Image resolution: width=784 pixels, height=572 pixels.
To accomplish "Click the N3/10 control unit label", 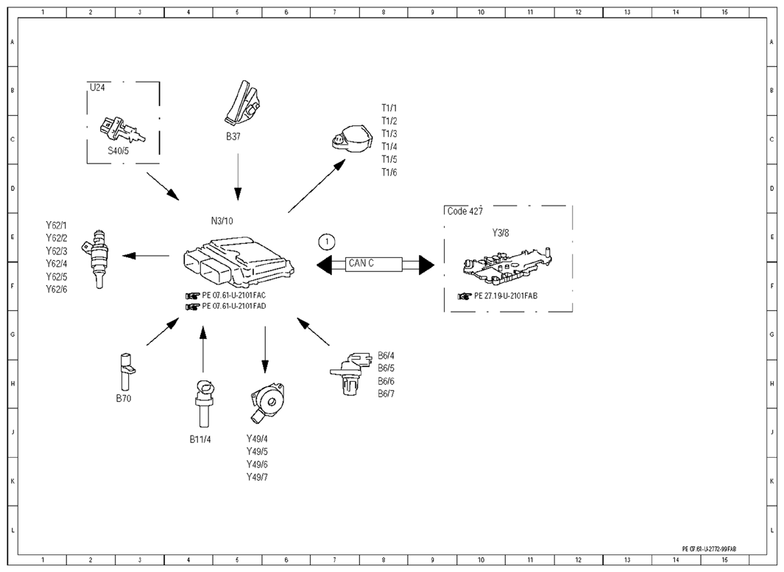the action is [x=222, y=220].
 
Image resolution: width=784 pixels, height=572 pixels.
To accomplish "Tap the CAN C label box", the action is [x=374, y=264].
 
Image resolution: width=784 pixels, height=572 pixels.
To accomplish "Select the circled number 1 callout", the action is [x=327, y=243].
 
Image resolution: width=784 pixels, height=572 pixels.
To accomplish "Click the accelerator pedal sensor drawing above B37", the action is [x=242, y=102].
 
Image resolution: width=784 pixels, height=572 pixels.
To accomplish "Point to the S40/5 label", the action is [x=119, y=150].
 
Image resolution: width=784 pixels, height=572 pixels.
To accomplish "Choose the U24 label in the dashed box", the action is [x=97, y=88].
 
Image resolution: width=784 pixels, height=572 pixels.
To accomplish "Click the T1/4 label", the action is [x=389, y=147].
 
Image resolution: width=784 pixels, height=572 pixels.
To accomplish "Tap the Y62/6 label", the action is [x=57, y=289].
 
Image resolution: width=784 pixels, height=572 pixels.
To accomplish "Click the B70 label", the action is [x=124, y=398].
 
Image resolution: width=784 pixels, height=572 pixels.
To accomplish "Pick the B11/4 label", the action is [x=200, y=439].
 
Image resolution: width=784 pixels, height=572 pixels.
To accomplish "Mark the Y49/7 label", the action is [x=257, y=477].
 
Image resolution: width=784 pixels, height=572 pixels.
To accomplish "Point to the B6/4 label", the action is [x=386, y=356].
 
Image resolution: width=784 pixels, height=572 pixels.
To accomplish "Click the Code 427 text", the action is [x=465, y=212].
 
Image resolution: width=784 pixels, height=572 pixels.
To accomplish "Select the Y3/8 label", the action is [x=501, y=233].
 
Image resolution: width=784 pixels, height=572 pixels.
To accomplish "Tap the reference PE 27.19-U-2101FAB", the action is [x=506, y=296].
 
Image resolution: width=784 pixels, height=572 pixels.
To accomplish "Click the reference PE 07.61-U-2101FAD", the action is [x=233, y=306].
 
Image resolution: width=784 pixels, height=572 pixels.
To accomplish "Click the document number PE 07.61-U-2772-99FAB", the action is [x=709, y=549].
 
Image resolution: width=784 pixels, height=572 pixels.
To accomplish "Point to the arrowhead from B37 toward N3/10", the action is [x=238, y=194].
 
